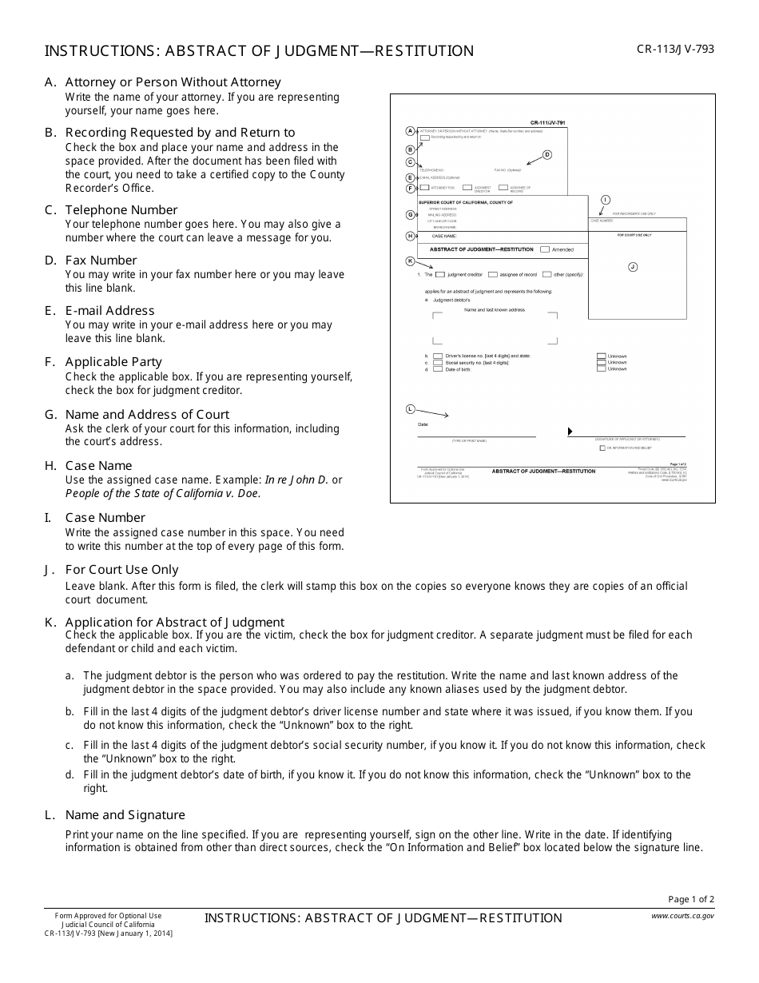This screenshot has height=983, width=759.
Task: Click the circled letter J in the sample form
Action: click(633, 267)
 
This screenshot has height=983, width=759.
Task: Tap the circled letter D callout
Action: click(547, 154)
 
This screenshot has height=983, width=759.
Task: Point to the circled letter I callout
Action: click(605, 199)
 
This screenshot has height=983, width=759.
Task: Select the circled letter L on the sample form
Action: click(411, 408)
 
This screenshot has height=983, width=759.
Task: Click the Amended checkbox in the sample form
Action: click(545, 249)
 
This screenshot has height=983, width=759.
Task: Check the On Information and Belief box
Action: click(602, 448)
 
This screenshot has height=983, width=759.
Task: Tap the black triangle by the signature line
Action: click(570, 432)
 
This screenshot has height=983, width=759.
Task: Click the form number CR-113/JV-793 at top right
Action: click(675, 49)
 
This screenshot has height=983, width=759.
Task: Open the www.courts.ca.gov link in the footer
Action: click(682, 916)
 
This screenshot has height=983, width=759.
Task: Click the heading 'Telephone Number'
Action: click(121, 209)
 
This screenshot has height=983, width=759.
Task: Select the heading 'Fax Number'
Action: click(101, 260)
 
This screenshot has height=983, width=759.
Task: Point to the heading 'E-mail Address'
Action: click(109, 310)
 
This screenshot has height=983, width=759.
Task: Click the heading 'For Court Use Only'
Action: click(121, 569)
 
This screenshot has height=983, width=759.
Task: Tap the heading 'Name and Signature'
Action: click(125, 814)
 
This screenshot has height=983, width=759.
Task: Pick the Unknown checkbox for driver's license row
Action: click(601, 356)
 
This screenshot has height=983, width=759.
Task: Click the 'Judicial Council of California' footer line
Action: click(108, 924)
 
